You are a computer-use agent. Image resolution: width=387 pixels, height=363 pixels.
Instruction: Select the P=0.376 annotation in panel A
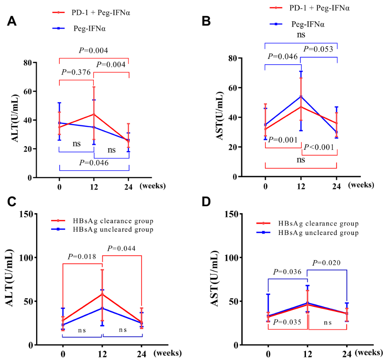coord(76,72)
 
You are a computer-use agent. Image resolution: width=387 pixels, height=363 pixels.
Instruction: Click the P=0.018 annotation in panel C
coord(82,257)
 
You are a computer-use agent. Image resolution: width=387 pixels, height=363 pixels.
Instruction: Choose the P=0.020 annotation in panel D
coord(327,263)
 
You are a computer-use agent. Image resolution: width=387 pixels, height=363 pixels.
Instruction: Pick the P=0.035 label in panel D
coord(288,322)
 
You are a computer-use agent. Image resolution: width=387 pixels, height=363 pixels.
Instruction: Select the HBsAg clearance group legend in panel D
coord(318,223)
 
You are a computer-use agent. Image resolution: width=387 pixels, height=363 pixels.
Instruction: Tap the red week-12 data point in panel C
coord(102,294)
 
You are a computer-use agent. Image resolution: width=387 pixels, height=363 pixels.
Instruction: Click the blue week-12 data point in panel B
coord(301,97)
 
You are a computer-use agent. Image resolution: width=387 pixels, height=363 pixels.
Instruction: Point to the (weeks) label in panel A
coord(153,185)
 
